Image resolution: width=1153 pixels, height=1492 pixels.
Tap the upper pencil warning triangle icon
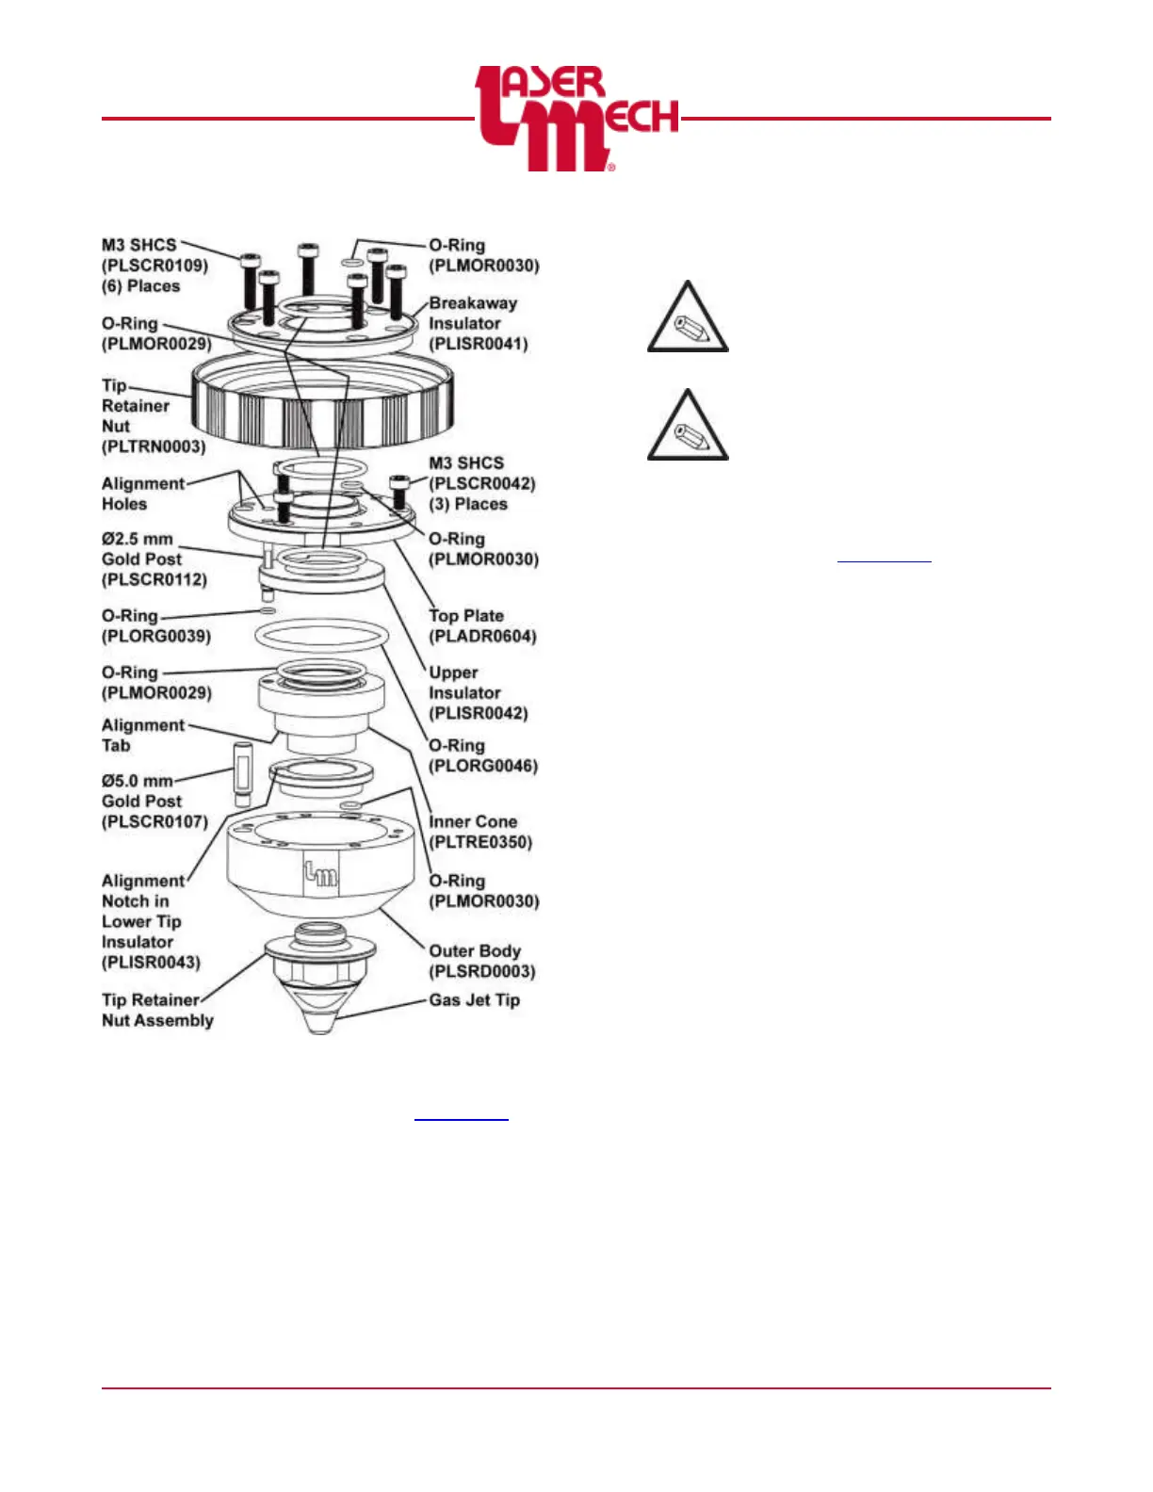pyautogui.click(x=688, y=318)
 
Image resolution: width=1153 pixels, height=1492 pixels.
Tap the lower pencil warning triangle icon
pyautogui.click(x=688, y=427)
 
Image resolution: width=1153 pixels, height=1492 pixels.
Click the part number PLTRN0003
pyautogui.click(x=154, y=446)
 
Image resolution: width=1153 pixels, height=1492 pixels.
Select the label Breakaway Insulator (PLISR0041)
pyautogui.click(x=478, y=323)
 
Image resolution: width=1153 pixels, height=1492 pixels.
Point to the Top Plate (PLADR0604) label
pyautogui.click(x=482, y=625)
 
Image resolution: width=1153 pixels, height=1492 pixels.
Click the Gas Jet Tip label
pyautogui.click(x=474, y=1000)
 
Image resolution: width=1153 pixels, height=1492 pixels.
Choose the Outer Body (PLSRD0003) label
pyautogui.click(x=481, y=961)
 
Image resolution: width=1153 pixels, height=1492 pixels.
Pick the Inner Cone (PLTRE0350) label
pyautogui.click(x=479, y=832)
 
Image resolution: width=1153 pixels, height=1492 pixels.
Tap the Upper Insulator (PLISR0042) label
pyautogui.click(x=478, y=692)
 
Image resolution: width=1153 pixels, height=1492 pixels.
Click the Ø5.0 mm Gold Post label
pyautogui.click(x=154, y=801)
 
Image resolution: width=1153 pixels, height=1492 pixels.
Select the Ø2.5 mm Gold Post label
pyautogui.click(x=154, y=559)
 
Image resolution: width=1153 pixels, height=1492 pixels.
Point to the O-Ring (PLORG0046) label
pyautogui.click(x=483, y=755)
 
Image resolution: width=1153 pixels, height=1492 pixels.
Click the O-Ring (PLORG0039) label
pyautogui.click(x=156, y=625)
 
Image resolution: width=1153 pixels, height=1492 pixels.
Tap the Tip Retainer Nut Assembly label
pyautogui.click(x=157, y=1010)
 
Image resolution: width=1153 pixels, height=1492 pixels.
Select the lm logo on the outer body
pyautogui.click(x=320, y=874)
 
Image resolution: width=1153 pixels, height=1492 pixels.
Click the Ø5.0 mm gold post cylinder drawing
pyautogui.click(x=243, y=774)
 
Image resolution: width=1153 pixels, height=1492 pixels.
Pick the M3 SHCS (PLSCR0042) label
pyautogui.click(x=481, y=483)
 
